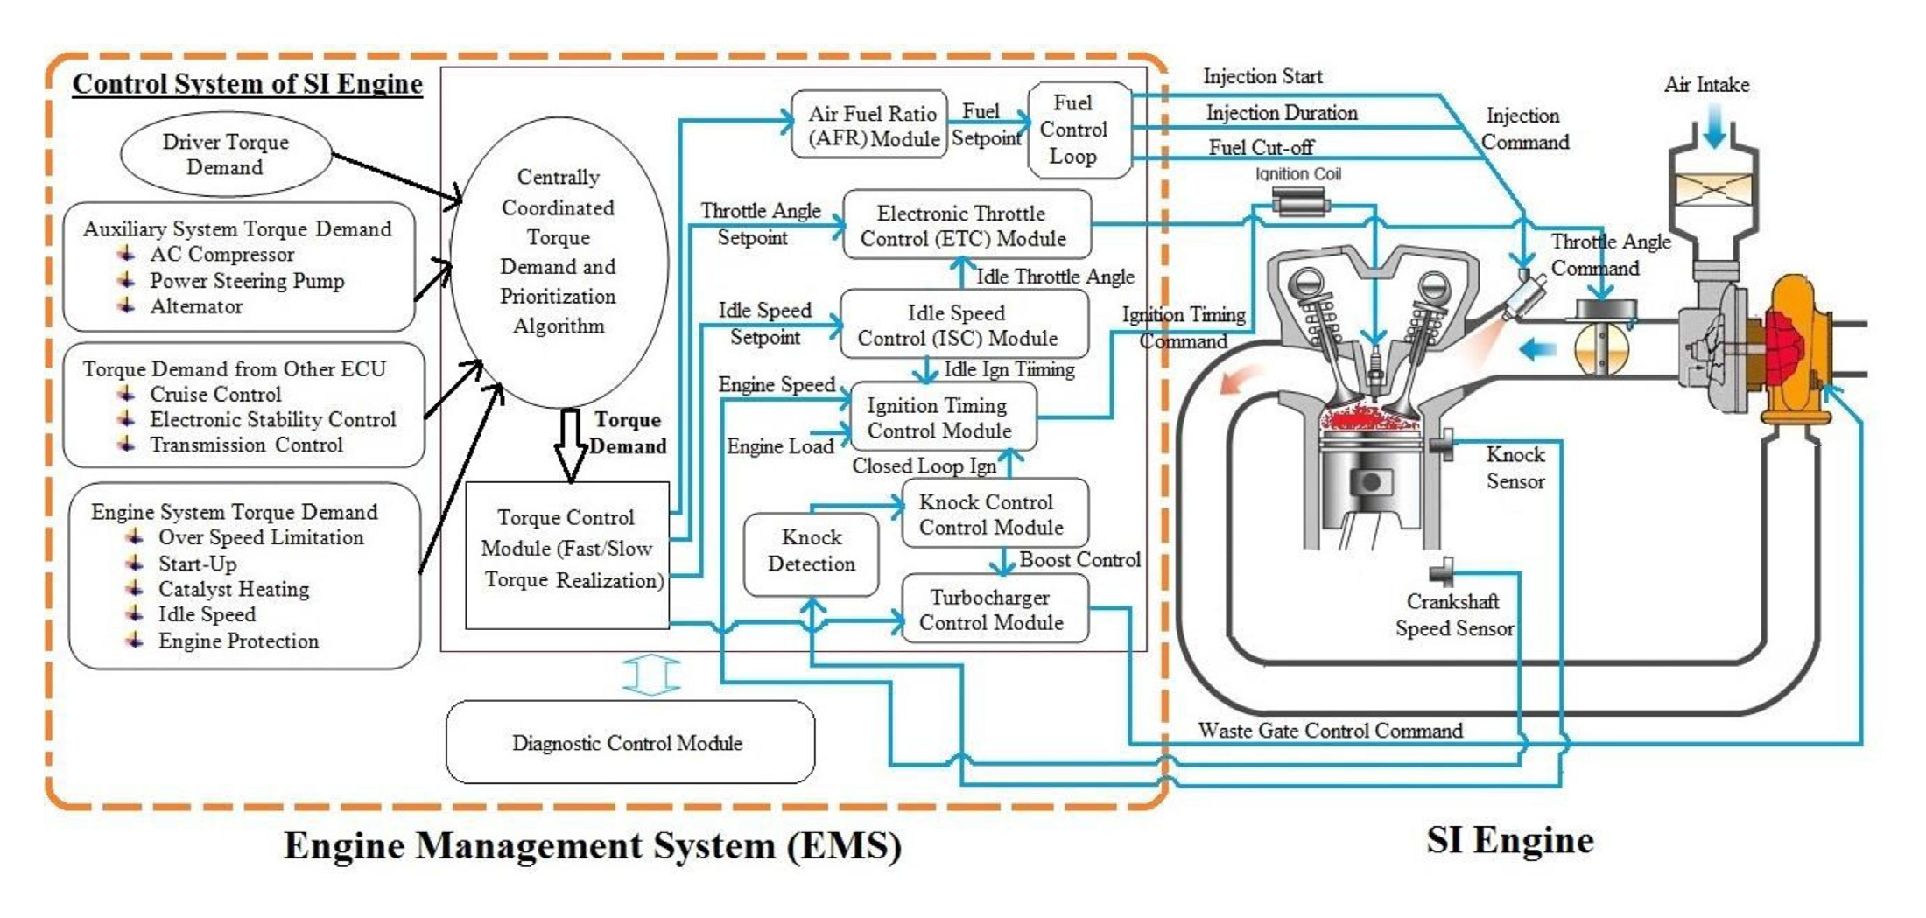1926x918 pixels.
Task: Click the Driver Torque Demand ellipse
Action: (226, 154)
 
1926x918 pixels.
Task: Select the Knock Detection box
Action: (811, 551)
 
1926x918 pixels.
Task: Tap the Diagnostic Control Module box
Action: (629, 742)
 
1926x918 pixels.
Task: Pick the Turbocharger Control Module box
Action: (995, 610)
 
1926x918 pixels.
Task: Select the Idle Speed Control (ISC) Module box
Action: (963, 325)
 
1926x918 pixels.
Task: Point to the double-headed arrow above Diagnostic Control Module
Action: (650, 676)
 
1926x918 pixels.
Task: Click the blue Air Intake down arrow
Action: (1714, 128)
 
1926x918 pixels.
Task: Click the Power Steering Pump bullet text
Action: (246, 281)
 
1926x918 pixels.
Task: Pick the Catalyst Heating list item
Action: (233, 589)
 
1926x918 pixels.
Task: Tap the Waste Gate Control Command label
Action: (1330, 731)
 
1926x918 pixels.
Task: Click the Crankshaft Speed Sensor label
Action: (1453, 615)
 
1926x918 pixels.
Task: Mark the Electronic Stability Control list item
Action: (272, 420)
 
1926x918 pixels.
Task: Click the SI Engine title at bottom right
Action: (1509, 840)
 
